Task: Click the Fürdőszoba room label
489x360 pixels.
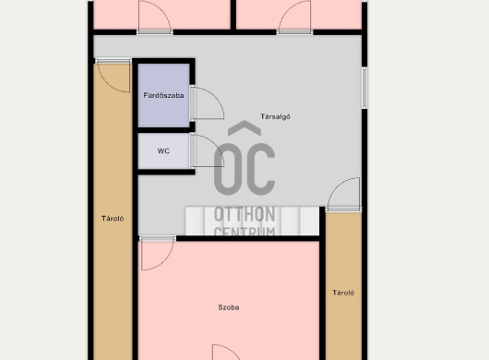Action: (x=163, y=95)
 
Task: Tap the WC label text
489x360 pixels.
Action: (x=163, y=151)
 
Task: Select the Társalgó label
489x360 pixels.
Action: (x=275, y=116)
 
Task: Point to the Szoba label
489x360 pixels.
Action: (x=229, y=307)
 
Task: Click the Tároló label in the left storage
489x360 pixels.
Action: (x=113, y=219)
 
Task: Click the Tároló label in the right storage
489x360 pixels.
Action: (x=343, y=293)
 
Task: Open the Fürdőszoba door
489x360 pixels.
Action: (x=207, y=103)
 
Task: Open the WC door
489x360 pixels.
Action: (x=207, y=151)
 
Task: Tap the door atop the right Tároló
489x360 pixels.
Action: (x=343, y=195)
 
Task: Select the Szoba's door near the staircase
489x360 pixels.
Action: (x=157, y=253)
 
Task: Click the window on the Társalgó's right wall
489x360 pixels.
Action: (x=364, y=88)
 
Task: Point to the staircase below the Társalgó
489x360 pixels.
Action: (x=252, y=221)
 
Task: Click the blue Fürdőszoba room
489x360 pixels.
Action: (x=163, y=95)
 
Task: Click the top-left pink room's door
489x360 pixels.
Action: (x=155, y=18)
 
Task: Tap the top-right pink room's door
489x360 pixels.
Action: (x=294, y=18)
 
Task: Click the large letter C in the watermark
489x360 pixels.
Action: (x=259, y=169)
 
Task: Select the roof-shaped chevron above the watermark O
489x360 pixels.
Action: (x=244, y=128)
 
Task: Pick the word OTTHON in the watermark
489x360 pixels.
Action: (x=244, y=215)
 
